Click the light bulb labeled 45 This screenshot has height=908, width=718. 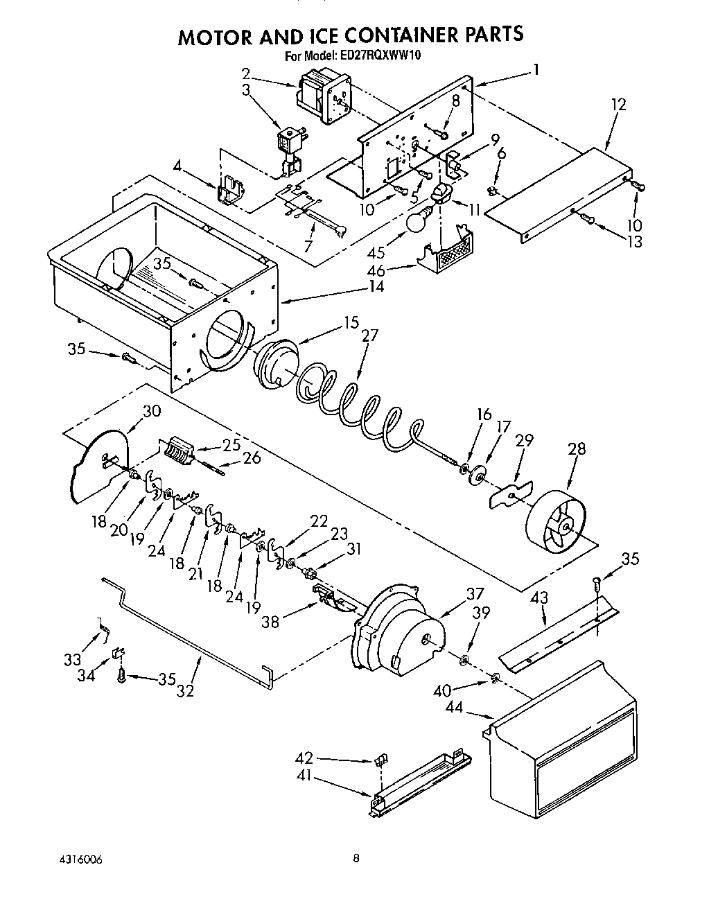417,222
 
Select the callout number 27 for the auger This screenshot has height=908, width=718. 371,335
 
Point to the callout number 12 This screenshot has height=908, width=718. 618,105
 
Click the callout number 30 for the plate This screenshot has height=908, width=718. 151,411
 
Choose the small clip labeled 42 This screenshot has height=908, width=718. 380,762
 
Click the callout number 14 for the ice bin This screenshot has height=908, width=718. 376,286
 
